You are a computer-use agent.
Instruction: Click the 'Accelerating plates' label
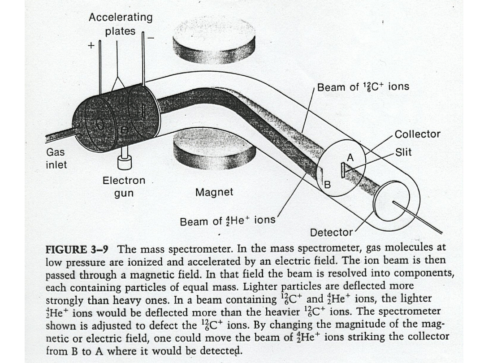click(120, 24)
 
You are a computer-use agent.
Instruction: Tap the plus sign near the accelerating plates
click(91, 45)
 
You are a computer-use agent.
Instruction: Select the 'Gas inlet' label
click(56, 159)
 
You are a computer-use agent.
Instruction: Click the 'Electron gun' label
click(124, 186)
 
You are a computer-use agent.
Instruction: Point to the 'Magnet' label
click(214, 192)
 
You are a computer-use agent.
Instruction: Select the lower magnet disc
click(207, 147)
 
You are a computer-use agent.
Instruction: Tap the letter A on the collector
click(350, 158)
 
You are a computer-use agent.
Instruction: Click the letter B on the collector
click(327, 184)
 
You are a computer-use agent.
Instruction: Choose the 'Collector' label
click(417, 134)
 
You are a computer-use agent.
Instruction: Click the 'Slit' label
click(403, 152)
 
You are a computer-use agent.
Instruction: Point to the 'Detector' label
click(332, 233)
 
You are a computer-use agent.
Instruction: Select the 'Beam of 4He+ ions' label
click(228, 221)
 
